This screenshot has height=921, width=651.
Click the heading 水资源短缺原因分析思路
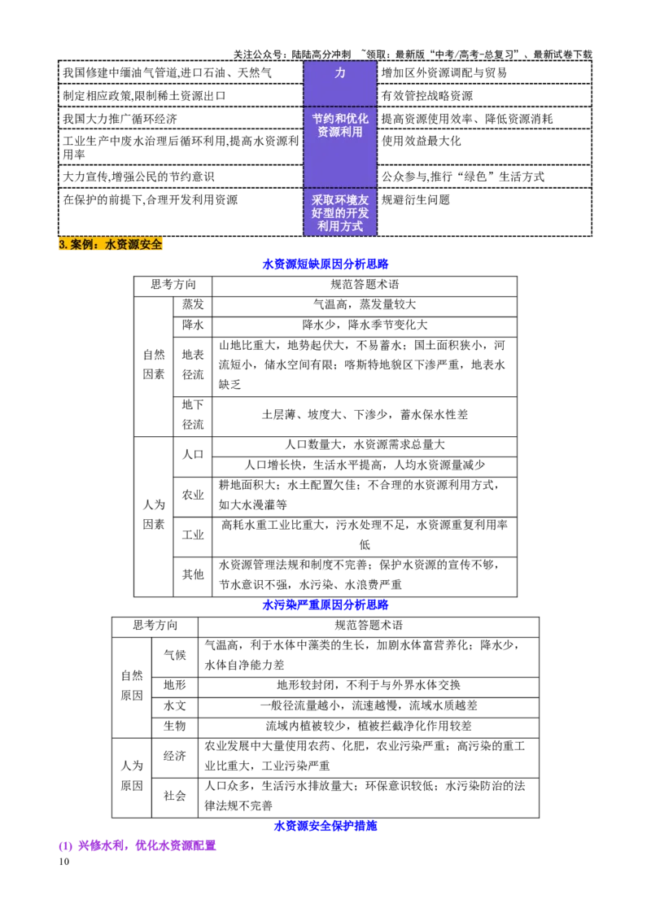point(325,264)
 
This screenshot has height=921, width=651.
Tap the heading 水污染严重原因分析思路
point(325,605)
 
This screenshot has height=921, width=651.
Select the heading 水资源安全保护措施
point(325,826)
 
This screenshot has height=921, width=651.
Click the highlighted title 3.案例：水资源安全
point(111,244)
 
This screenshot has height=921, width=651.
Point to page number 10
point(64,862)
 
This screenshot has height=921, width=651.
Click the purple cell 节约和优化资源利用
point(340,125)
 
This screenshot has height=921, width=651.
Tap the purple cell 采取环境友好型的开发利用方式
point(340,212)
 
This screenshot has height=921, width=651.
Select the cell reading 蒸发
point(193,304)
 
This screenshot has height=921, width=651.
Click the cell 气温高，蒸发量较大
point(365,304)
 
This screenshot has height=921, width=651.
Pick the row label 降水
point(193,325)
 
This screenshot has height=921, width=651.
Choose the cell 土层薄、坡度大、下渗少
point(365,415)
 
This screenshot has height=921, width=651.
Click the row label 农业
point(193,495)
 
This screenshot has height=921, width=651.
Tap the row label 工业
point(193,535)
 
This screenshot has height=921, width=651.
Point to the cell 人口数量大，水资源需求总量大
point(365,445)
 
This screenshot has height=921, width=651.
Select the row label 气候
point(174,655)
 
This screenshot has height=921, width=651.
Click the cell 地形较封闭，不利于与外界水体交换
point(369,685)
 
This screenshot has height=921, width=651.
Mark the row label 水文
point(174,705)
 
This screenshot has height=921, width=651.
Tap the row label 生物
point(174,726)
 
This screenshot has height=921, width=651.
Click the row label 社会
point(174,796)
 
